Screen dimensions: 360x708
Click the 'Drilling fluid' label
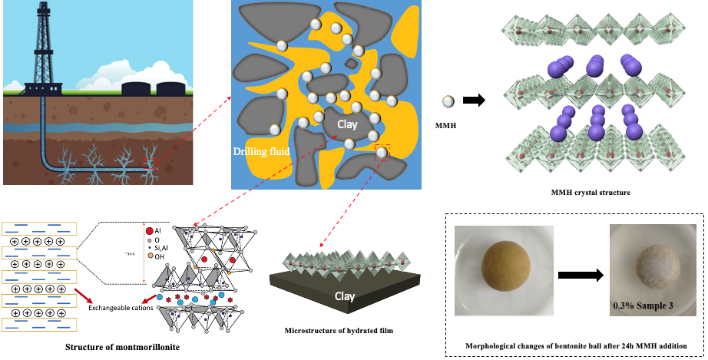(x=261, y=152)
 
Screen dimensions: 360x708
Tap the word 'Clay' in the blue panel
(x=336, y=122)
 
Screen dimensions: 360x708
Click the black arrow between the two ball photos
(x=578, y=272)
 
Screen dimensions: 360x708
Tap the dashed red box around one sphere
(x=382, y=153)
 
